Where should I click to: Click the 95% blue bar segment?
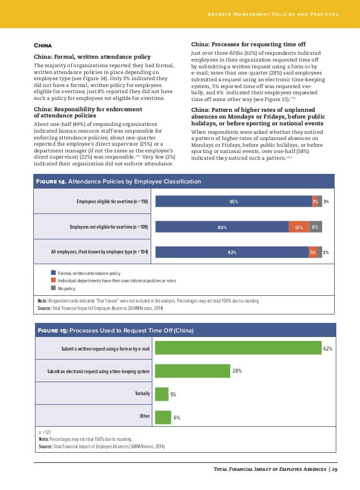point(232,202)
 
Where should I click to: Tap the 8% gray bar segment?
point(315,227)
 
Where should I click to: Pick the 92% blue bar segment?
point(231,252)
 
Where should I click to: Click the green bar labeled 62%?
point(238,349)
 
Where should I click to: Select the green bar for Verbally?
point(161,394)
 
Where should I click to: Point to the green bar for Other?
point(163,417)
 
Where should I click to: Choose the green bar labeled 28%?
point(192,371)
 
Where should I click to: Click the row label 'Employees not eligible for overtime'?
point(109,227)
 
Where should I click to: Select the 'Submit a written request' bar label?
point(106,349)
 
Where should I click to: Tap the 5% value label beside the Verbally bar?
point(174,394)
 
